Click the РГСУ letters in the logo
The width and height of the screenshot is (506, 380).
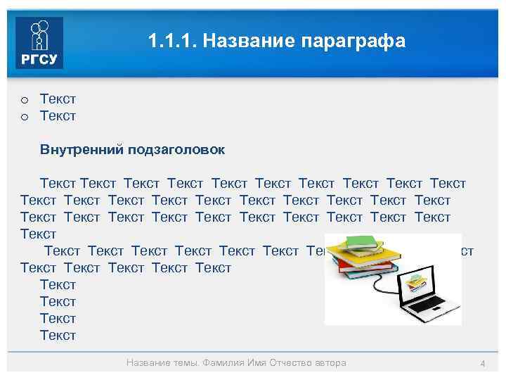pyautogui.click(x=39, y=58)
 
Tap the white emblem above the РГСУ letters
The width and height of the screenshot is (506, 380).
pyautogui.click(x=39, y=34)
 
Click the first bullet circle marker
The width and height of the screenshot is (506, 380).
pyautogui.click(x=24, y=99)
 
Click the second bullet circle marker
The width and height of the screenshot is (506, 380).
pyautogui.click(x=24, y=116)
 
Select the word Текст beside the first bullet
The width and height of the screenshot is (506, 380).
pyautogui.click(x=58, y=99)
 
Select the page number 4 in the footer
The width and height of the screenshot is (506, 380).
pyautogui.click(x=483, y=363)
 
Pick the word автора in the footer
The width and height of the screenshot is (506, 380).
pyautogui.click(x=330, y=363)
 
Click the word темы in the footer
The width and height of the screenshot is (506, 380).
pyautogui.click(x=184, y=363)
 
